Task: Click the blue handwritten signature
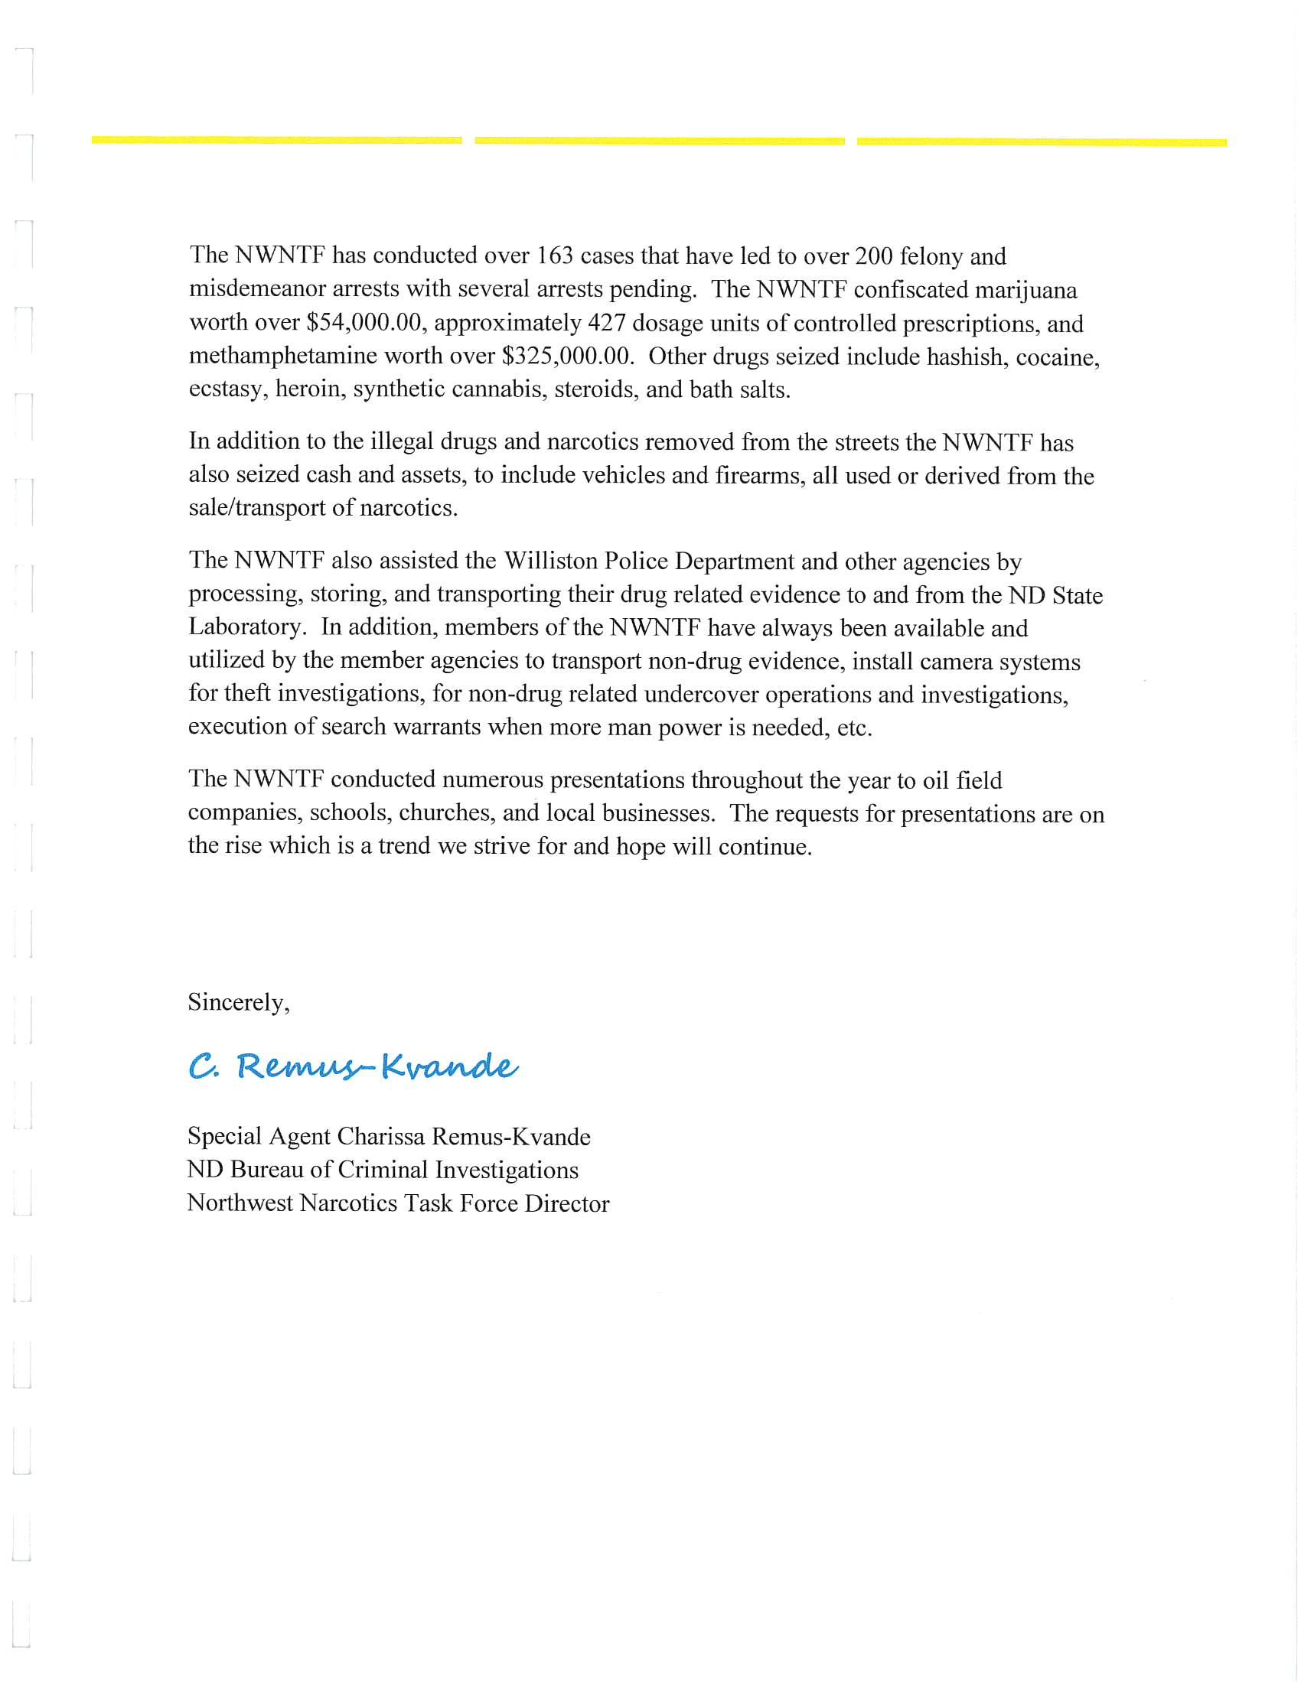(353, 1066)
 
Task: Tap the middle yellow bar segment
(659, 141)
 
